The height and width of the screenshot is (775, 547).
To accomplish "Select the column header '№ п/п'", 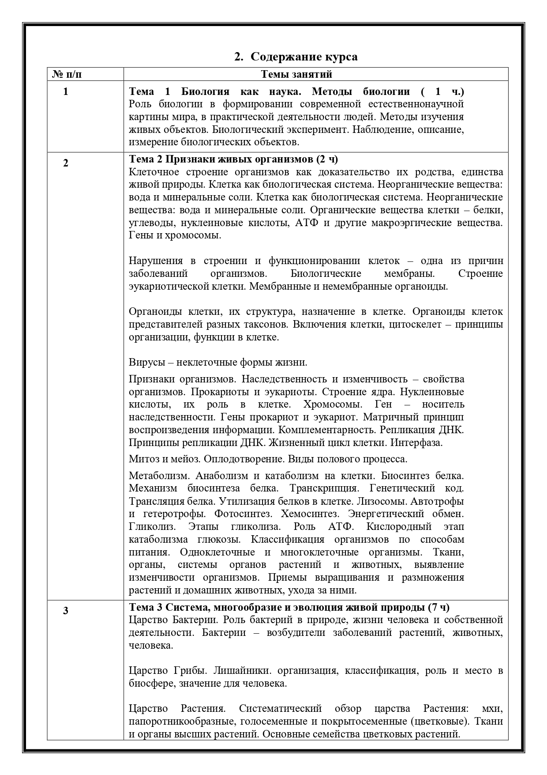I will pos(67,74).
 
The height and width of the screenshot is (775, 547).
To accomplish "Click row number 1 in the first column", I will pos(66,91).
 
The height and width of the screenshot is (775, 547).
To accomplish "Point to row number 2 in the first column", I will pos(66,163).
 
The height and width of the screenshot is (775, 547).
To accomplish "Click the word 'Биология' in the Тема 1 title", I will pos(205,91).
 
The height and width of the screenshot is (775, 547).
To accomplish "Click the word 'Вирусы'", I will pos(145,363).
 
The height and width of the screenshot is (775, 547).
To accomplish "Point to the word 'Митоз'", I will pos(143,459).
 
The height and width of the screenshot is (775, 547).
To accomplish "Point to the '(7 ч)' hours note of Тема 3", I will pos(438,607).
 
